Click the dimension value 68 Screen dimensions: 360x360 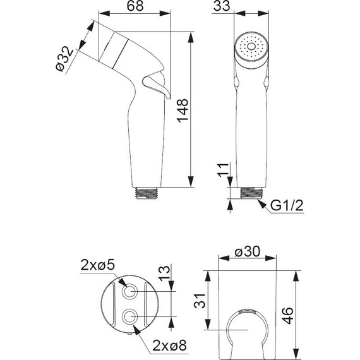[135, 8]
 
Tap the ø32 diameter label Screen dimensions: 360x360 [64, 57]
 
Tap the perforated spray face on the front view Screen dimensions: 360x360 [250, 47]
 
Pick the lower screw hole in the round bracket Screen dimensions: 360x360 [130, 316]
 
